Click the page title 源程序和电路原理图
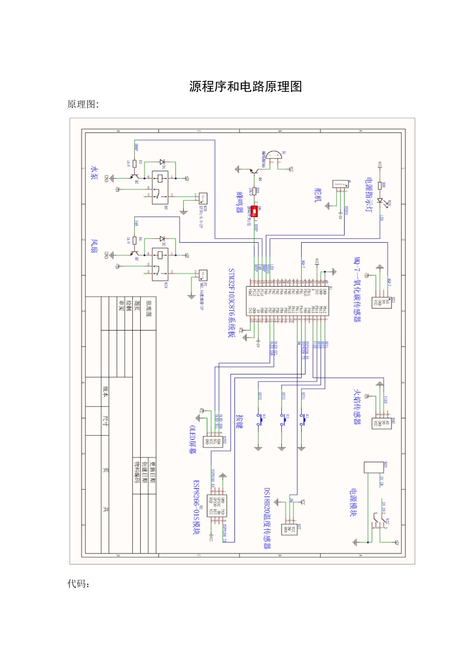pyautogui.click(x=245, y=86)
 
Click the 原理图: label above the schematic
pyautogui.click(x=83, y=104)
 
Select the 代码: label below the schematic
pyautogui.click(x=78, y=585)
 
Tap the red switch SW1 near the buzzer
pyautogui.click(x=255, y=212)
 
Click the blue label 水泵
pyautogui.click(x=94, y=173)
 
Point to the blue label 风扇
pyautogui.click(x=94, y=246)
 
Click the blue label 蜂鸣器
pyautogui.click(x=240, y=202)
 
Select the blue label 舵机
pyautogui.click(x=317, y=195)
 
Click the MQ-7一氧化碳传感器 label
pyautogui.click(x=357, y=290)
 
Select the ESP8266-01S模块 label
pyautogui.click(x=196, y=508)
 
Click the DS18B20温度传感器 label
pyautogui.click(x=267, y=518)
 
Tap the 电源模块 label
pyautogui.click(x=353, y=503)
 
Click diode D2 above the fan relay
pyautogui.click(x=161, y=239)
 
